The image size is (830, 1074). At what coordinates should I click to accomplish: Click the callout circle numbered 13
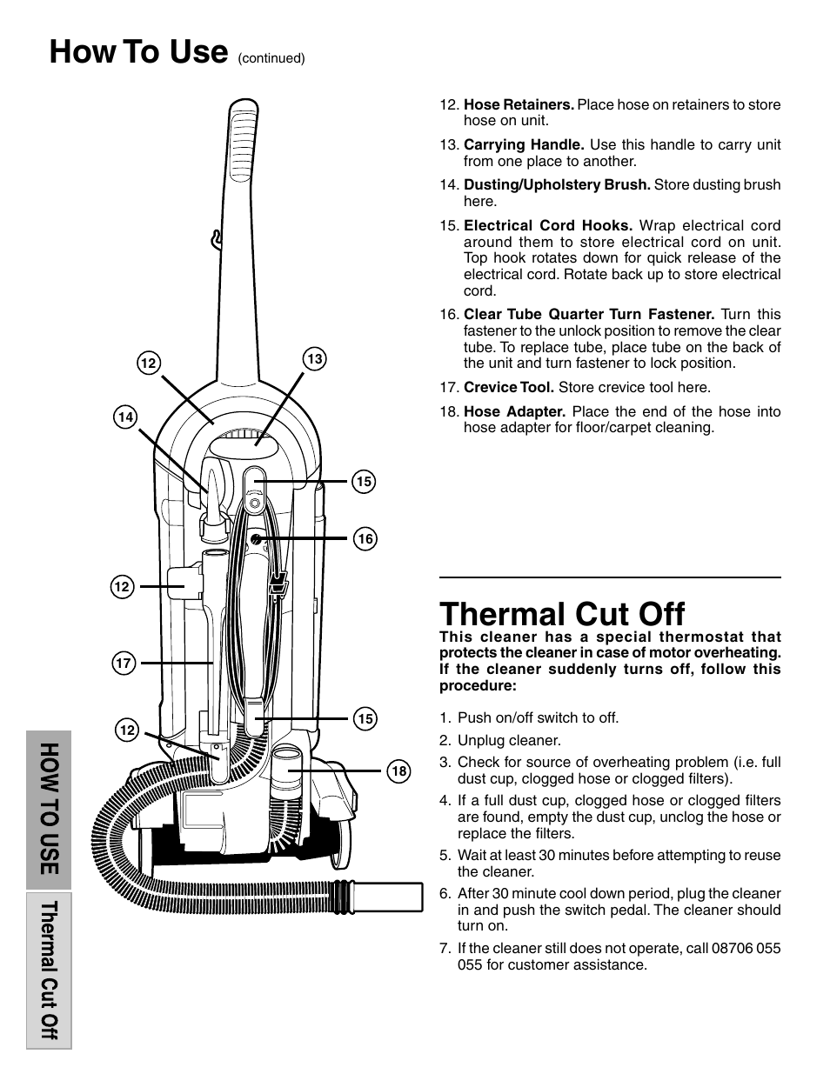[x=314, y=358]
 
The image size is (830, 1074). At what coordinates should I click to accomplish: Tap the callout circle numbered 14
[x=125, y=417]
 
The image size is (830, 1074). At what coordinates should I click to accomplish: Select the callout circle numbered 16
[x=365, y=539]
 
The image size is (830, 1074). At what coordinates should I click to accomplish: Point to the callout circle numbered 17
[x=123, y=664]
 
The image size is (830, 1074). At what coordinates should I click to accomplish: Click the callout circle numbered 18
[x=398, y=770]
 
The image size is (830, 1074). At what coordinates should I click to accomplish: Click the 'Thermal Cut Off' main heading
[x=562, y=614]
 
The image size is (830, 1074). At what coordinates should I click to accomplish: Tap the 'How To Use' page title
[x=137, y=52]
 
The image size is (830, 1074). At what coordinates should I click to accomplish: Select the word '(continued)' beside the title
[x=271, y=59]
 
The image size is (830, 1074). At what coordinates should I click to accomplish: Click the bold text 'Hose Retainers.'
[x=519, y=104]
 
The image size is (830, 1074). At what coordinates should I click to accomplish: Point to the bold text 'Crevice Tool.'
[x=509, y=387]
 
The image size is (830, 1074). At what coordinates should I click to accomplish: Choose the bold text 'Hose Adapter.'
[x=514, y=411]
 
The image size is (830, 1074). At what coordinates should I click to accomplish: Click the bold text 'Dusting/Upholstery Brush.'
[x=557, y=184]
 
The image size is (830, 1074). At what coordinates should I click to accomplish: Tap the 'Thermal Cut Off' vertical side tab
[x=49, y=970]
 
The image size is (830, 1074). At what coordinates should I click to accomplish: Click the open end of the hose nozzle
[x=416, y=895]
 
